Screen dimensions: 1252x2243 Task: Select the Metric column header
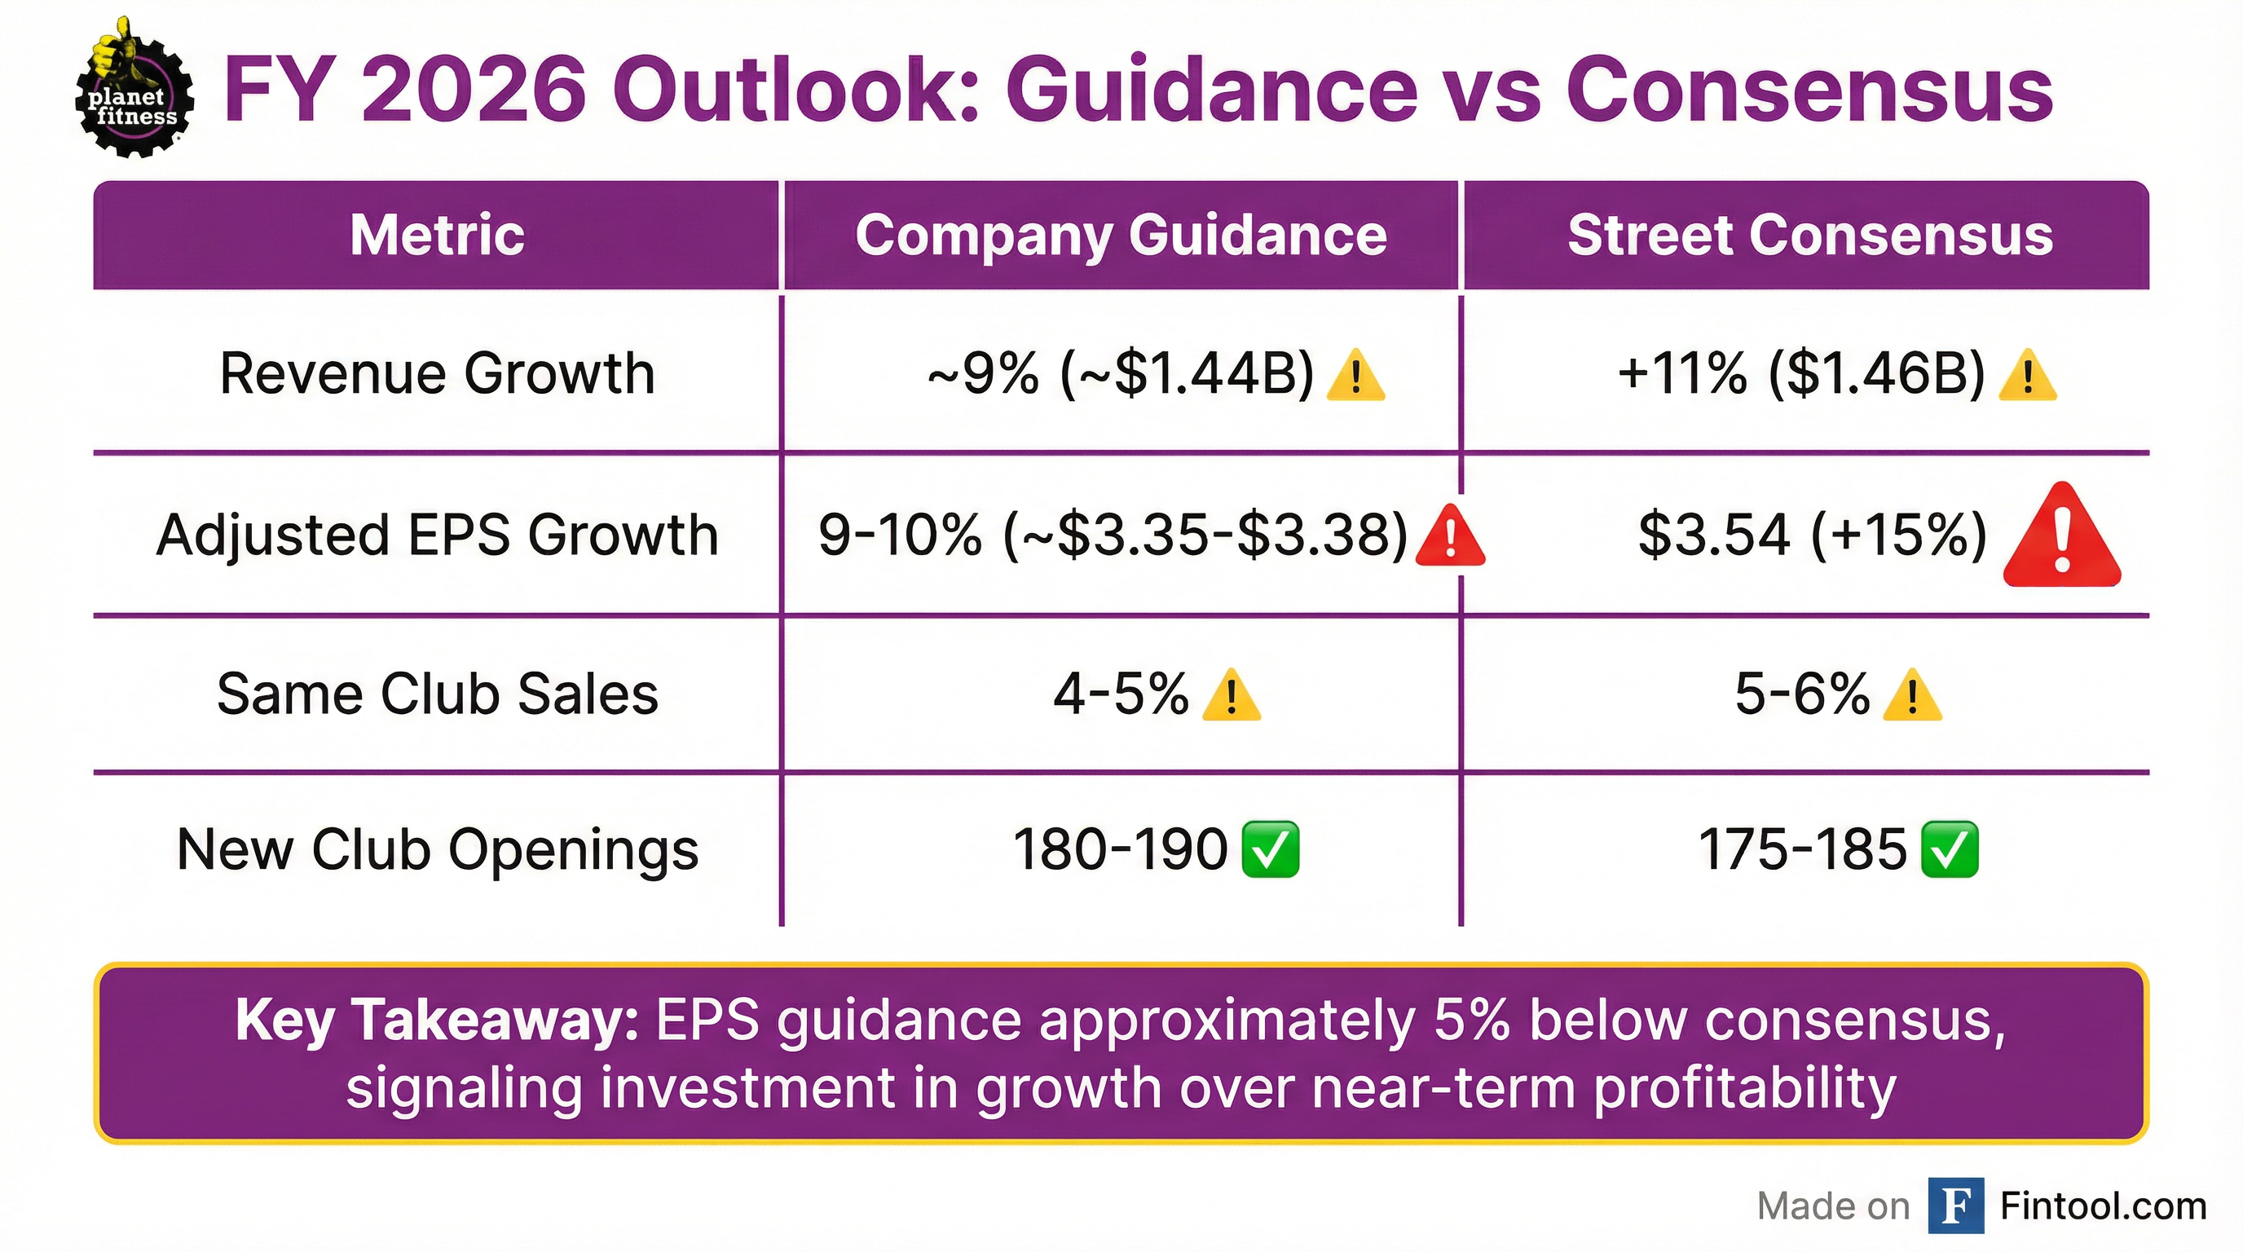click(437, 235)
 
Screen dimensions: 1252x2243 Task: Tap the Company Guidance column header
click(1121, 235)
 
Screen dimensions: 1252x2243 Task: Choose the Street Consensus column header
click(1810, 235)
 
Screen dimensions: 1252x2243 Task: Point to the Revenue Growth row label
click(437, 373)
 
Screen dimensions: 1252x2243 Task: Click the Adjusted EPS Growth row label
click(437, 534)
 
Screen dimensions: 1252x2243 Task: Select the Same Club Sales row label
click(437, 694)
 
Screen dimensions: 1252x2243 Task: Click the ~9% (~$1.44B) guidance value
click(1121, 374)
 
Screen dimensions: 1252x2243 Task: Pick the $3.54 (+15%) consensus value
click(1812, 534)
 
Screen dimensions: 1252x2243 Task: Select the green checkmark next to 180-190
click(1270, 850)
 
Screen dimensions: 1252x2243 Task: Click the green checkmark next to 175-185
click(1949, 850)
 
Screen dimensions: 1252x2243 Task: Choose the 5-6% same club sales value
click(1801, 694)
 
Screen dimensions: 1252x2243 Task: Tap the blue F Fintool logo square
click(1954, 1205)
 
